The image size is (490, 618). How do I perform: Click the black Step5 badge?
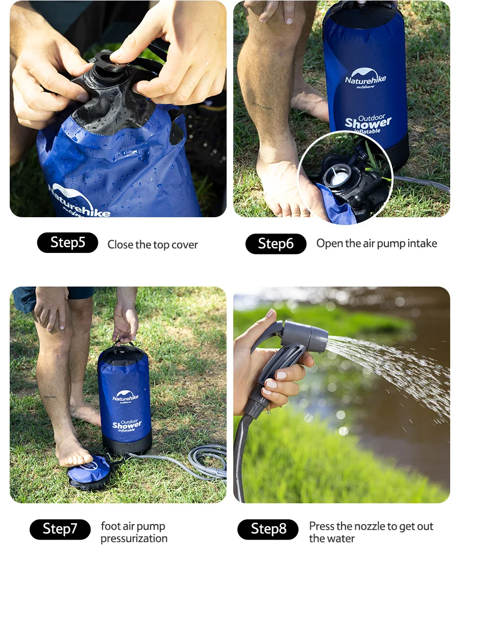click(x=67, y=243)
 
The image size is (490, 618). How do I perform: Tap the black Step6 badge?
click(x=276, y=244)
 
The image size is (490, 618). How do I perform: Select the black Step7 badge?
click(x=60, y=529)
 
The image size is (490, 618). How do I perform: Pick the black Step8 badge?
click(x=268, y=529)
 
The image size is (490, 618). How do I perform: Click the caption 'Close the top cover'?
click(x=153, y=245)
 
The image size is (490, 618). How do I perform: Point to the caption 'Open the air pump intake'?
click(x=377, y=244)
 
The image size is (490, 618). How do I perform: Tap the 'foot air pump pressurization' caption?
click(x=134, y=532)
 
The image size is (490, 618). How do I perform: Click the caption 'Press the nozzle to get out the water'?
click(x=371, y=532)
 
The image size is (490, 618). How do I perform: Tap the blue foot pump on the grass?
click(x=90, y=471)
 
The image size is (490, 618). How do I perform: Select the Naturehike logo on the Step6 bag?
click(x=365, y=79)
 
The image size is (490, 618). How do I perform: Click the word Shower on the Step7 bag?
click(x=127, y=425)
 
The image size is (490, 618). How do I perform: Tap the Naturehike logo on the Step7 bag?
click(x=126, y=396)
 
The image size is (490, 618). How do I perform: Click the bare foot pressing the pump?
click(x=74, y=451)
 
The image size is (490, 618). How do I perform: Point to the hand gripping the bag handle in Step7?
click(x=126, y=324)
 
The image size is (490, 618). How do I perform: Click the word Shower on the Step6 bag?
click(x=367, y=123)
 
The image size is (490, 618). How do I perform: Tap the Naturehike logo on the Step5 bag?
click(x=79, y=201)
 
